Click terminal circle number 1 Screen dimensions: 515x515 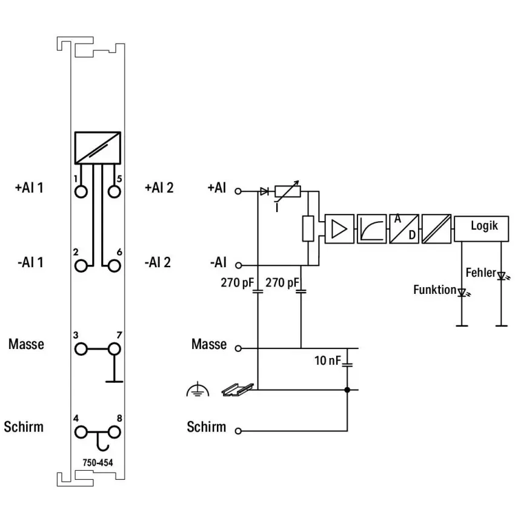81,191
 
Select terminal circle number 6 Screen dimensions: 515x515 115,265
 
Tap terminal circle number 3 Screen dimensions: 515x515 81,349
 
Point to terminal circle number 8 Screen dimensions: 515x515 115,432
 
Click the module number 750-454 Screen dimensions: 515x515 98,462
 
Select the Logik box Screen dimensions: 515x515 482,228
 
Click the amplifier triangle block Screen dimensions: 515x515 339,228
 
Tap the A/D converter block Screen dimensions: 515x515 404,228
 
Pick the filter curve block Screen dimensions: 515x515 372,228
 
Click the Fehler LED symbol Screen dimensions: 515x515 502,276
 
